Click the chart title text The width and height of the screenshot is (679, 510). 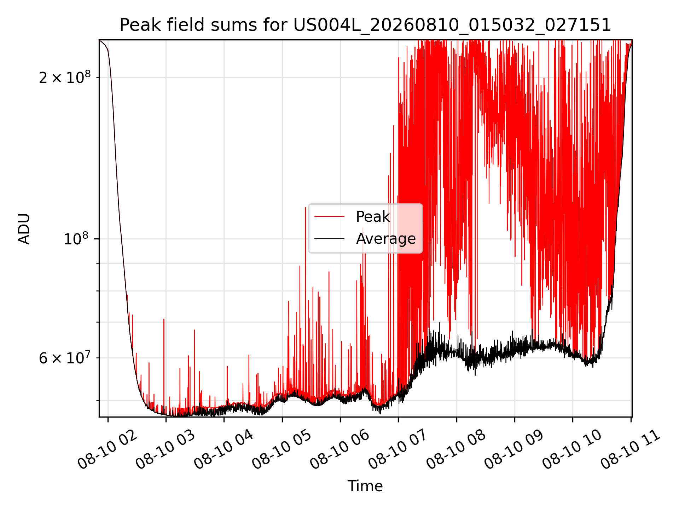point(365,25)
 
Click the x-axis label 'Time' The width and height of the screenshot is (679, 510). point(365,486)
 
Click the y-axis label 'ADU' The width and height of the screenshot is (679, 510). point(24,228)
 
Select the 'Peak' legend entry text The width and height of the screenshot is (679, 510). point(373,216)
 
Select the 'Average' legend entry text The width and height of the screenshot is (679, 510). point(386,238)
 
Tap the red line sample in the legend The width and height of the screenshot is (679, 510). point(329,216)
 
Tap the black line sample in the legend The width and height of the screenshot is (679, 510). point(329,239)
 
